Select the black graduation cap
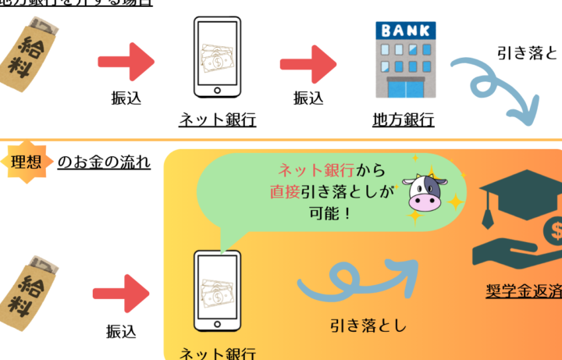[x=510, y=199]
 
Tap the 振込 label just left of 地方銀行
[x=308, y=98]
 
